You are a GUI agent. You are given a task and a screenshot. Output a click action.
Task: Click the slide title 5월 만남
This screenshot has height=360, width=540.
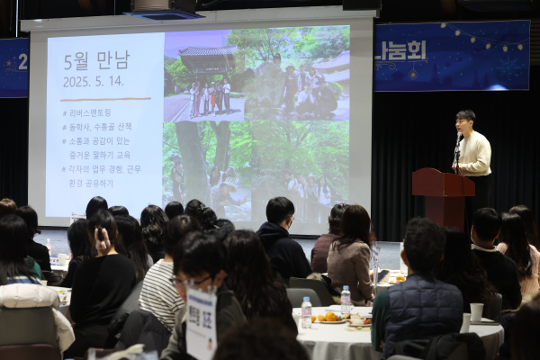pyautogui.click(x=96, y=61)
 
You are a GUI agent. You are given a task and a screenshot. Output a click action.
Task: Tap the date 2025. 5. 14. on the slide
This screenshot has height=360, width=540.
pyautogui.click(x=94, y=81)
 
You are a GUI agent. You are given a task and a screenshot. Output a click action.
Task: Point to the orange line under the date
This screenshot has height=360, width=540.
pyautogui.click(x=105, y=98)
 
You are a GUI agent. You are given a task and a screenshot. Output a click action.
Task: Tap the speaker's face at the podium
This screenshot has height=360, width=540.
pyautogui.click(x=464, y=122)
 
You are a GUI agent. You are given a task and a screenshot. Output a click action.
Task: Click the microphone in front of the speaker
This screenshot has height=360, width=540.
pyautogui.click(x=459, y=139)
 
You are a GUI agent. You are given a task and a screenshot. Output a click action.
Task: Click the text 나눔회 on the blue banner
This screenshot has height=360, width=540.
pyautogui.click(x=400, y=50)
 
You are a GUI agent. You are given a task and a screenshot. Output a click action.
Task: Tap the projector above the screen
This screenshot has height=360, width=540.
pyautogui.click(x=163, y=8)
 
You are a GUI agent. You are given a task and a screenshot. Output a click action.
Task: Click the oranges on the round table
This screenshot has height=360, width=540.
pyautogui.click(x=328, y=317)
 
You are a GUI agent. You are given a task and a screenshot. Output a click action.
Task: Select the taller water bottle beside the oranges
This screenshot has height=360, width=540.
pyautogui.click(x=346, y=299)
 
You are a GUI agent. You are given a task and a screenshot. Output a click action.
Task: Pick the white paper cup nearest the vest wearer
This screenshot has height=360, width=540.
pyautogui.click(x=476, y=311)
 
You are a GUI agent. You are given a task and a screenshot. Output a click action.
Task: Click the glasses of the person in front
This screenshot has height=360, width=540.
pyautogui.click(x=192, y=282)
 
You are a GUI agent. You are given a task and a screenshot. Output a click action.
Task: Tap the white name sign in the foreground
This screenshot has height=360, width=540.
pyautogui.click(x=201, y=324)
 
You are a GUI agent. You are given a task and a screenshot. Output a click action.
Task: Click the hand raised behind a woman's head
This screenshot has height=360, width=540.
pyautogui.click(x=100, y=237)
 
